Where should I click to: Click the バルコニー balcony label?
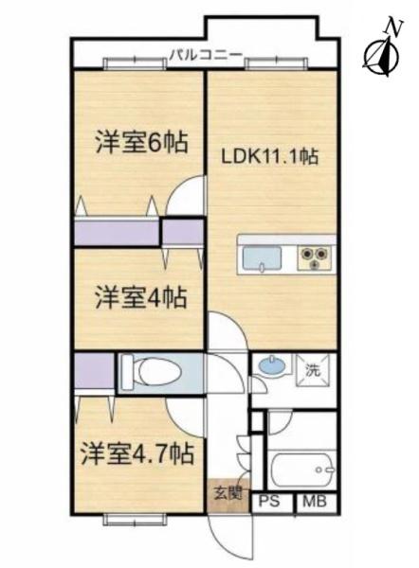pyautogui.click(x=207, y=56)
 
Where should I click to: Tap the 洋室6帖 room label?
pyautogui.click(x=141, y=143)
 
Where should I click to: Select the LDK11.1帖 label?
pyautogui.click(x=270, y=157)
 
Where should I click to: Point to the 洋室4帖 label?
pyautogui.click(x=141, y=297)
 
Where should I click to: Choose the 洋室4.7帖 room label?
pyautogui.click(x=137, y=453)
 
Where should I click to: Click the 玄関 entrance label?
pyautogui.click(x=228, y=492)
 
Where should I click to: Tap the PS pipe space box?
pyautogui.click(x=270, y=502)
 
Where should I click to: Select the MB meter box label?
pyautogui.click(x=315, y=502)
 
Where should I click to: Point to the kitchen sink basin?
pyautogui.click(x=263, y=257)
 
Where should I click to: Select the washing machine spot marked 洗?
pyautogui.click(x=313, y=370)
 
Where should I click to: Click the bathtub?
pyautogui.click(x=301, y=470)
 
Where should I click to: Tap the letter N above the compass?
pyautogui.click(x=394, y=27)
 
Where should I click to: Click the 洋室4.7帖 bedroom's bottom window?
pyautogui.click(x=135, y=520)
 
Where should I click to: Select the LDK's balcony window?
pyautogui.click(x=277, y=63)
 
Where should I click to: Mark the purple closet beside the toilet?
pyautogui.click(x=94, y=371)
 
